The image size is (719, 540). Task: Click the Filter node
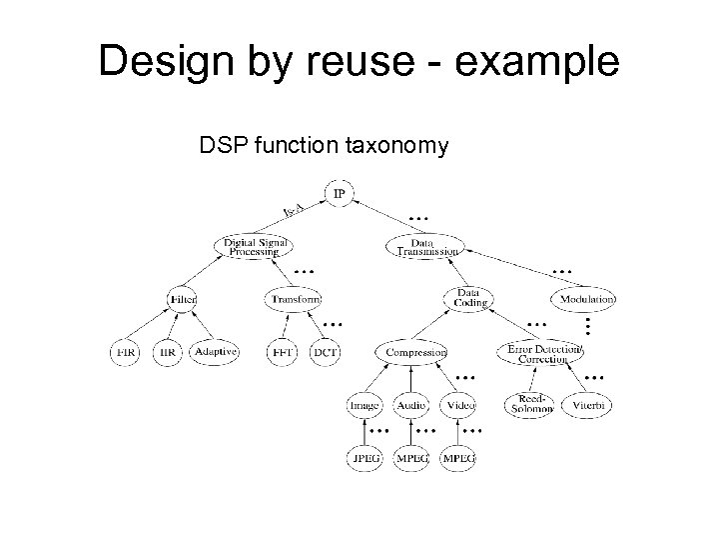click(182, 299)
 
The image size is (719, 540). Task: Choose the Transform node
click(295, 299)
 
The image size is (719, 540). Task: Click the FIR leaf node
click(125, 352)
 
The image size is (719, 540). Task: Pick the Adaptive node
click(216, 352)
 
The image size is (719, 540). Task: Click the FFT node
click(282, 352)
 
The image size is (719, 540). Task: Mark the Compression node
click(411, 352)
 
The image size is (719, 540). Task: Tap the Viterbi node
click(587, 405)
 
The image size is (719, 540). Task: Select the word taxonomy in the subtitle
click(398, 148)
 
